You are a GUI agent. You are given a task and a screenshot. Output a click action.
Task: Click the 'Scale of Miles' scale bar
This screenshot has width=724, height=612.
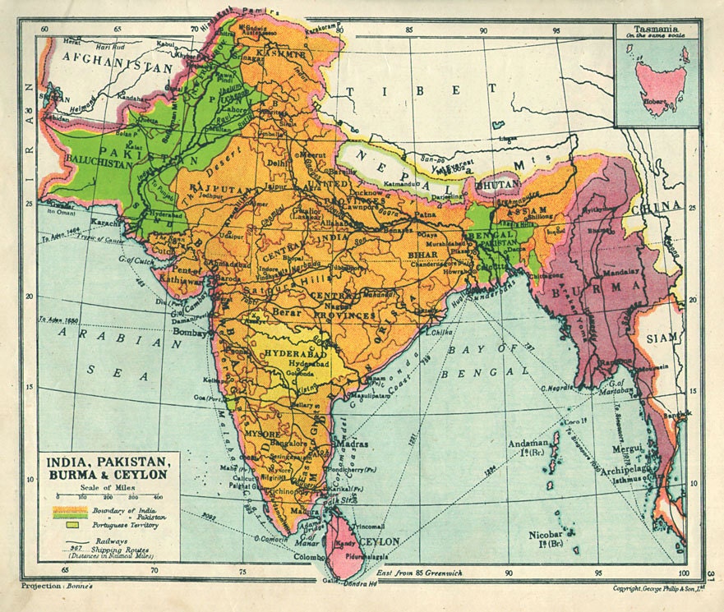tap(108, 495)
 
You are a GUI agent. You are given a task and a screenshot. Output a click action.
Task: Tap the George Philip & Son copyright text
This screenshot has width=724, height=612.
tap(659, 588)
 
